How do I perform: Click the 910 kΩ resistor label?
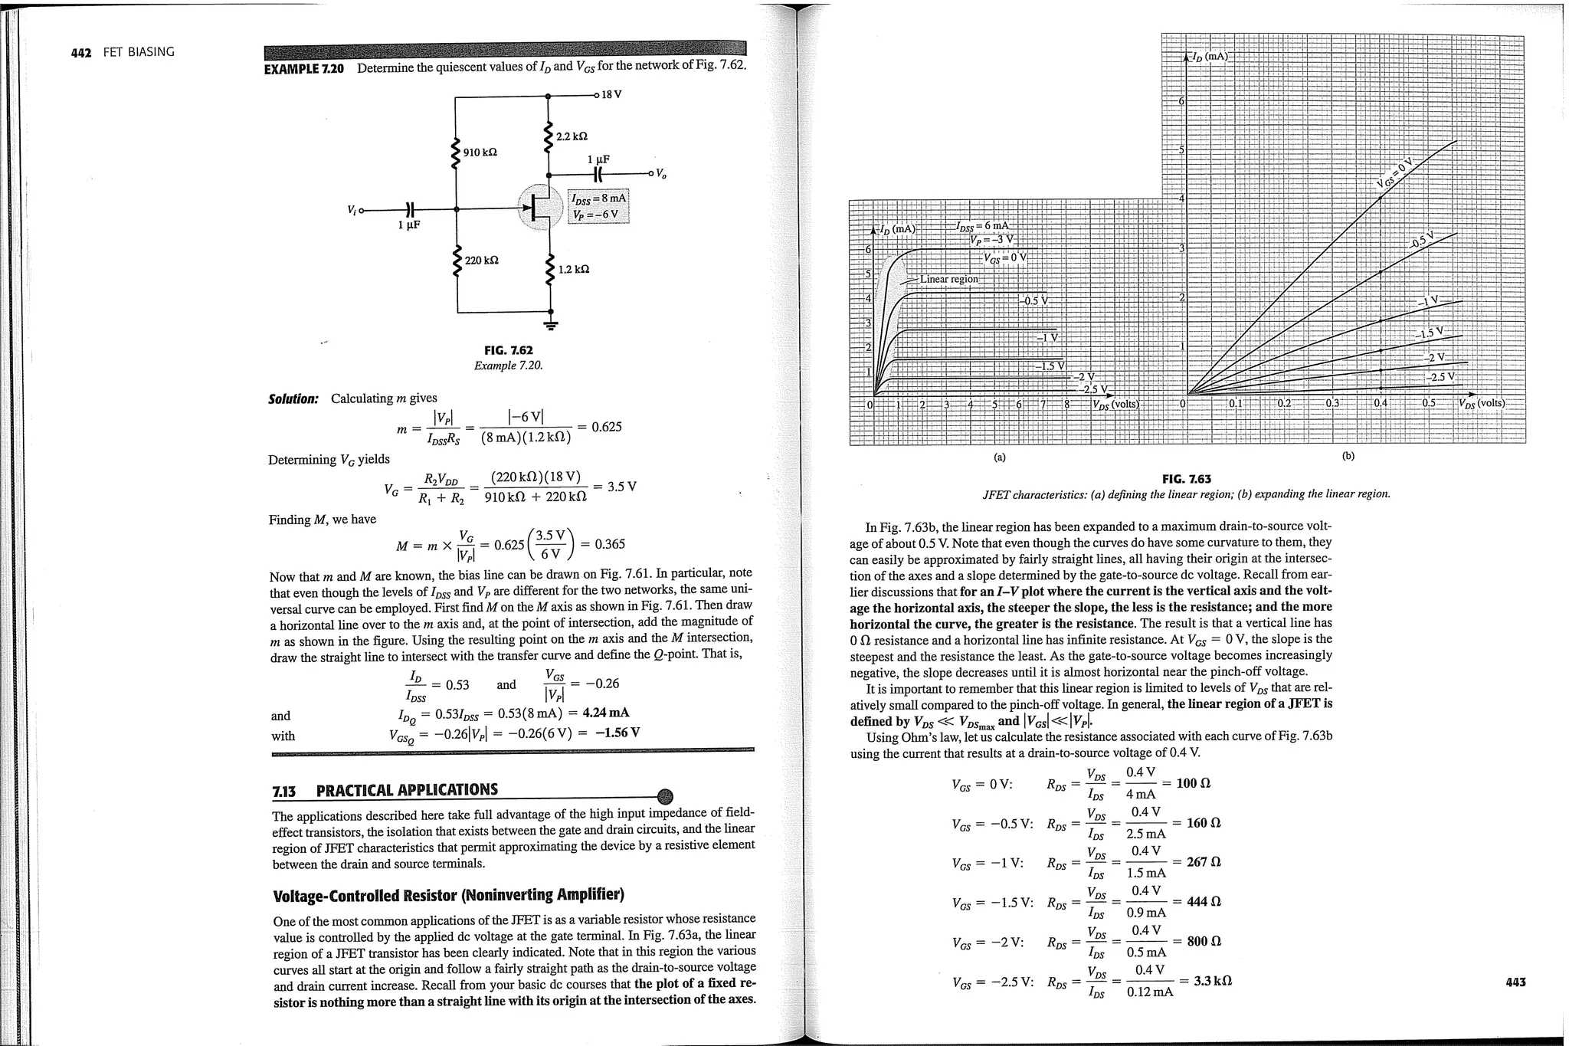(x=480, y=152)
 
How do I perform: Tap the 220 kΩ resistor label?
(x=482, y=261)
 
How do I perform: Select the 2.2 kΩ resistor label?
(x=572, y=136)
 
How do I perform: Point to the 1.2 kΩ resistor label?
(x=574, y=270)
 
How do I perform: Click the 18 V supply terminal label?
(x=611, y=95)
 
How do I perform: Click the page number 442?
(x=80, y=53)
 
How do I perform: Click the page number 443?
(x=1515, y=982)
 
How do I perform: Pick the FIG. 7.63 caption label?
(x=1186, y=479)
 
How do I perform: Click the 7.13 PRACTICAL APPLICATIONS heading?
(x=385, y=790)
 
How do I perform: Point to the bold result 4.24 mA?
(x=606, y=713)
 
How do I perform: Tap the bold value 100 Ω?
(x=1193, y=783)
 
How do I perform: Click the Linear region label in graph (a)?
(x=948, y=279)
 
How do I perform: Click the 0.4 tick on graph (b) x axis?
(x=1381, y=403)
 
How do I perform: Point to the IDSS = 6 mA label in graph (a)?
(x=983, y=225)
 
